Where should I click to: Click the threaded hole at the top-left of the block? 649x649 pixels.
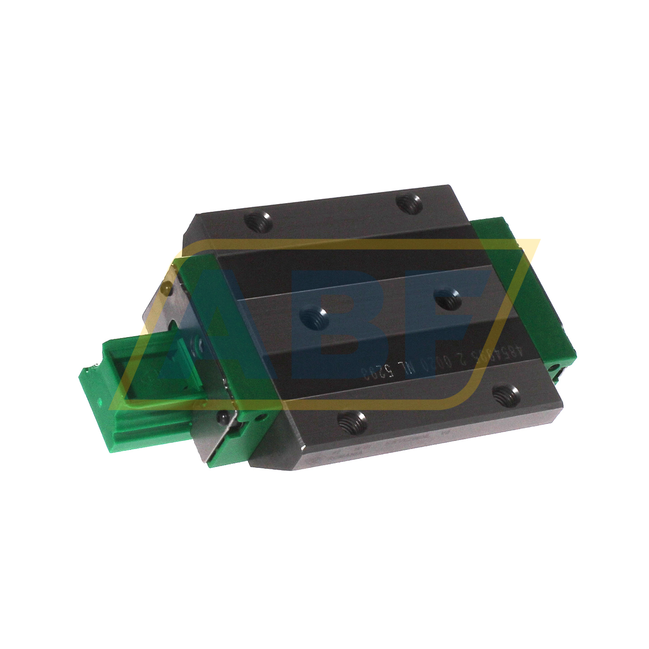[x=258, y=221]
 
